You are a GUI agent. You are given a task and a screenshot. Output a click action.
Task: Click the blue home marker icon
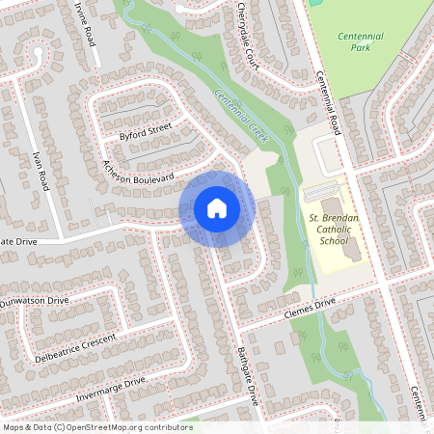217,208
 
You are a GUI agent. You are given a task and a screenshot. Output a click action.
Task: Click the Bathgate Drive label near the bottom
248,377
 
